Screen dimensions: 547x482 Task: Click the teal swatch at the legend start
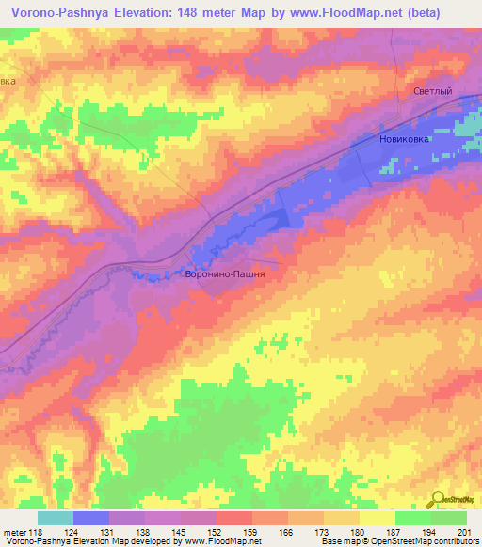coord(55,517)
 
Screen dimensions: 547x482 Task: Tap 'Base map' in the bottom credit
coord(335,541)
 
